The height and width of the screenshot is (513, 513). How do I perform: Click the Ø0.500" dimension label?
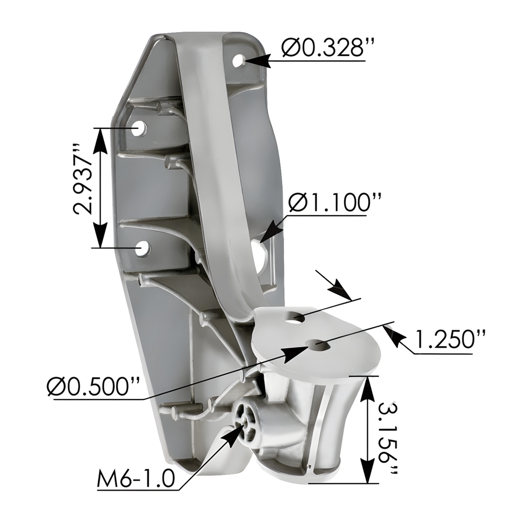point(94,387)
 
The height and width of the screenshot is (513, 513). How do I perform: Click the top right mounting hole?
point(239,61)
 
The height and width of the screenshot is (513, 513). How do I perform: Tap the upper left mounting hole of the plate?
point(139,129)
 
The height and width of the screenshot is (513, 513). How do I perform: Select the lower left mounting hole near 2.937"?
point(143,248)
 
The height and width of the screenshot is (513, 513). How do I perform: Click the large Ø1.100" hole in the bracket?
point(262,250)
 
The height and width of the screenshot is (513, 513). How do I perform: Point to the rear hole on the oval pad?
point(295,317)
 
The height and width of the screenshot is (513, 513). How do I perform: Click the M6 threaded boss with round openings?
point(247,423)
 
